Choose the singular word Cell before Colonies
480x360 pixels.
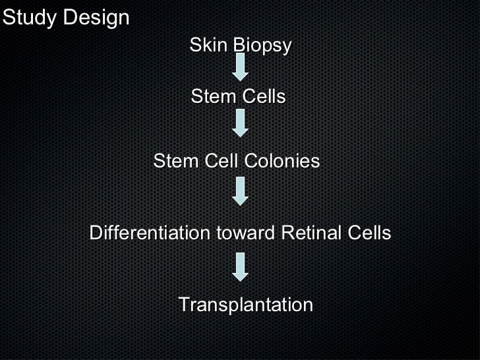click(219, 161)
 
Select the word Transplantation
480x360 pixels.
click(245, 305)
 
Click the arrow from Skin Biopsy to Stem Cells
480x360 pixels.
click(241, 67)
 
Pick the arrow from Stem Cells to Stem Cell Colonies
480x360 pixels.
click(241, 123)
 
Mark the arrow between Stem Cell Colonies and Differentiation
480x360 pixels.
click(241, 192)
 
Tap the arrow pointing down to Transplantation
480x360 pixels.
click(241, 266)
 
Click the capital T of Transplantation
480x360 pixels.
click(184, 305)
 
